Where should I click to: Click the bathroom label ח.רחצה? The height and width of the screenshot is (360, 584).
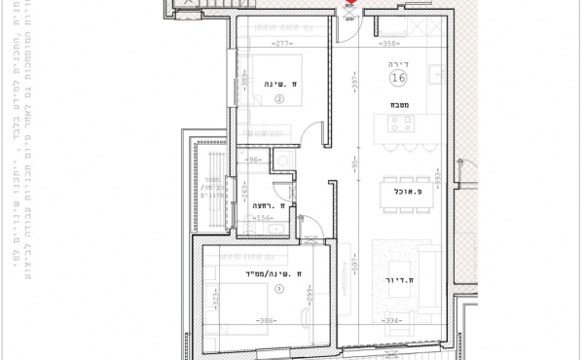[272, 206]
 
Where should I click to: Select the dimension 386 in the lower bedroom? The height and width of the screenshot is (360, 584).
[264, 320]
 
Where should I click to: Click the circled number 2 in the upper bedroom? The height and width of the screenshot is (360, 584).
[278, 98]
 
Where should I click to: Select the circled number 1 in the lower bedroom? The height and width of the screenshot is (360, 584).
[279, 288]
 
